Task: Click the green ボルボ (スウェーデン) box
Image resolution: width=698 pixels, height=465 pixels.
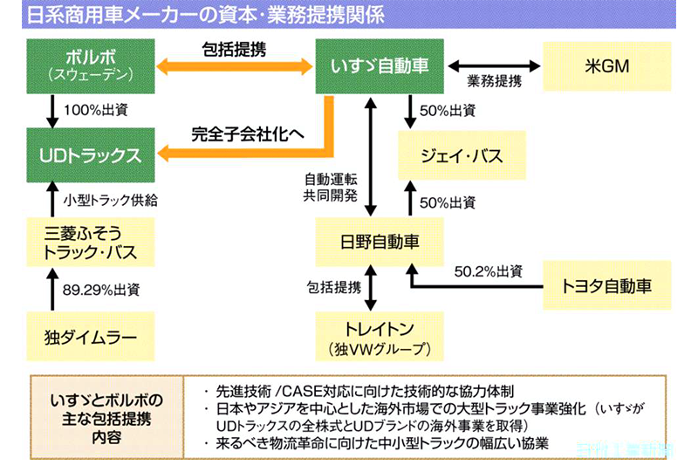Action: (90, 65)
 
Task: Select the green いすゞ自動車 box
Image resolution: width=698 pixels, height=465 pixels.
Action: (380, 65)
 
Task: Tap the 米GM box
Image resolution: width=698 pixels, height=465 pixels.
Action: (607, 65)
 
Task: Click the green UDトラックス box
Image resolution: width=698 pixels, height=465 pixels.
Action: (90, 156)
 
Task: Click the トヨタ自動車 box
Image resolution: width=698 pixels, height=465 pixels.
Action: (607, 284)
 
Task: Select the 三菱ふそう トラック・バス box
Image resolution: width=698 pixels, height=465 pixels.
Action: (90, 243)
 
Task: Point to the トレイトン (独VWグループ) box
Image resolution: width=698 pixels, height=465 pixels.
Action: (380, 336)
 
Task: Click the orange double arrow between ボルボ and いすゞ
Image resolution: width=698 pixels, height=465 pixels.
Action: (235, 66)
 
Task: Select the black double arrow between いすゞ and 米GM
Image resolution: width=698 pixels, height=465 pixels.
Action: (495, 65)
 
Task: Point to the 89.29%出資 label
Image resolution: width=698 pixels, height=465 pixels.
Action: (101, 290)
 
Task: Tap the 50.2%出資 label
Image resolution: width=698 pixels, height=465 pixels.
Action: (488, 271)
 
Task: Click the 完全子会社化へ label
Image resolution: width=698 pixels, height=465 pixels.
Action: (248, 135)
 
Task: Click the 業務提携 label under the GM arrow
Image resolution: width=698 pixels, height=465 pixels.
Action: (494, 83)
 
